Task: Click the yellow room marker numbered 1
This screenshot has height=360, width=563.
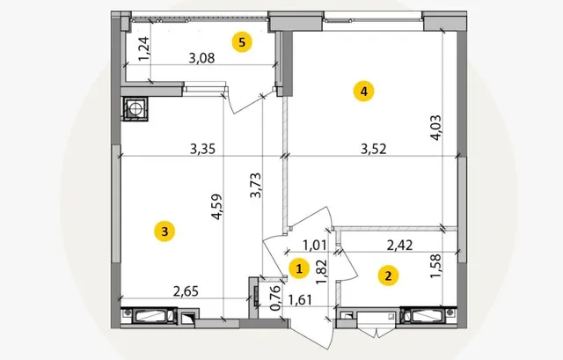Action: tap(299, 268)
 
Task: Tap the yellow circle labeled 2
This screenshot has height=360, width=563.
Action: tap(388, 276)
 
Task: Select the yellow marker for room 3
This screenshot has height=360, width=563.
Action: tap(165, 231)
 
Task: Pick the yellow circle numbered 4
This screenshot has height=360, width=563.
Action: tap(363, 92)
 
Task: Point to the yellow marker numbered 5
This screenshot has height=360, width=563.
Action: tap(242, 42)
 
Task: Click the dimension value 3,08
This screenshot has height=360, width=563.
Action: tap(201, 58)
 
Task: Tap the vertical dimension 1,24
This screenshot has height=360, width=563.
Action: tap(144, 49)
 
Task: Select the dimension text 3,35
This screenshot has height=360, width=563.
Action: tap(203, 149)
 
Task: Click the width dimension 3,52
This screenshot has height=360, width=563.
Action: tap(373, 149)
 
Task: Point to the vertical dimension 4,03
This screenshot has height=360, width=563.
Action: tap(436, 128)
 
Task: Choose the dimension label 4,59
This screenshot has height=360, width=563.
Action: tap(217, 207)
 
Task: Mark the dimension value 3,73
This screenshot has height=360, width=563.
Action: tap(256, 186)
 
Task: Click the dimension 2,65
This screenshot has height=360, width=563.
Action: tap(186, 291)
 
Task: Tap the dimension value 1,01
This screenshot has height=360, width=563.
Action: tap(315, 246)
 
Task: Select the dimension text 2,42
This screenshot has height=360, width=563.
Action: tap(399, 246)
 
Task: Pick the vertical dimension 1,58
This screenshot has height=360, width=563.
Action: tap(435, 266)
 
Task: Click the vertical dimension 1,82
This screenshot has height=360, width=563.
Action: tap(321, 272)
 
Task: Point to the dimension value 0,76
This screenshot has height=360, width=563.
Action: tap(275, 298)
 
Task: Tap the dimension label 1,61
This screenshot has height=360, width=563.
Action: tap(300, 299)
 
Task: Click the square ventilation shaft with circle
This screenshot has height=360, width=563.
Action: tap(135, 108)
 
